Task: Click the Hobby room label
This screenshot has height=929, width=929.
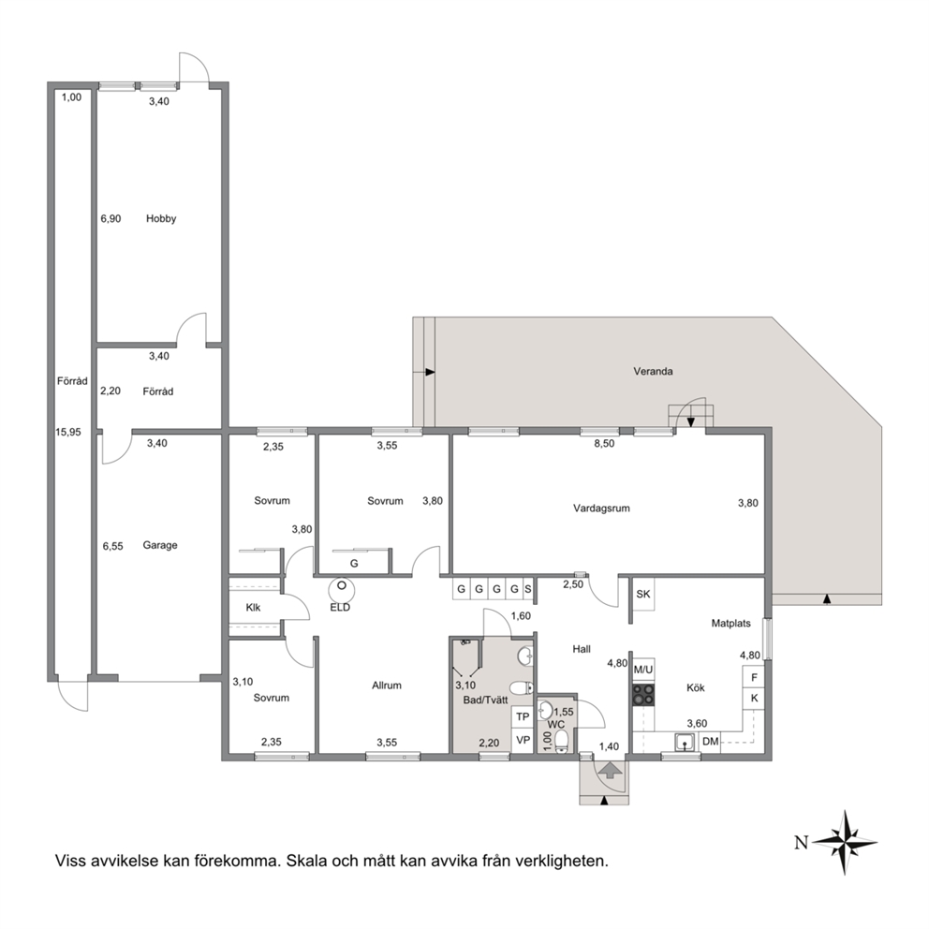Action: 161,218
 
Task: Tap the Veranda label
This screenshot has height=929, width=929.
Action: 653,372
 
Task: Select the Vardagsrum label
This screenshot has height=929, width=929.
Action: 601,509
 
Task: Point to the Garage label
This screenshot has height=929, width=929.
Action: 160,545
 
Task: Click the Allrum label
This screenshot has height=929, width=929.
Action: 387,686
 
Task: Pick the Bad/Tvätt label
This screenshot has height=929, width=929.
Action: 485,700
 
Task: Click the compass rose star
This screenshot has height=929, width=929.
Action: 845,842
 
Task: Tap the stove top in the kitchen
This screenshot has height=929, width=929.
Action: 643,695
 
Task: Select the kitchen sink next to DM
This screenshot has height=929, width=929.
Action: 685,742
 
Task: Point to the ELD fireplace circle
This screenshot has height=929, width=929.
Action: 342,590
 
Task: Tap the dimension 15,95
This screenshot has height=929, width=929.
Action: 68,433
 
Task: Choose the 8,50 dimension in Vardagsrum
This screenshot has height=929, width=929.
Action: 604,443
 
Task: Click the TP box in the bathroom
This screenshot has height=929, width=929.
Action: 523,717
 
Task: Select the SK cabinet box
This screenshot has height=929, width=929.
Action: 643,594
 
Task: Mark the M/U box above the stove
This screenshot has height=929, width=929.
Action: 643,671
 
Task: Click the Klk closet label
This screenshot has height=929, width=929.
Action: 253,607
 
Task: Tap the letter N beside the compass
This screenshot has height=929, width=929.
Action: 801,842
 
